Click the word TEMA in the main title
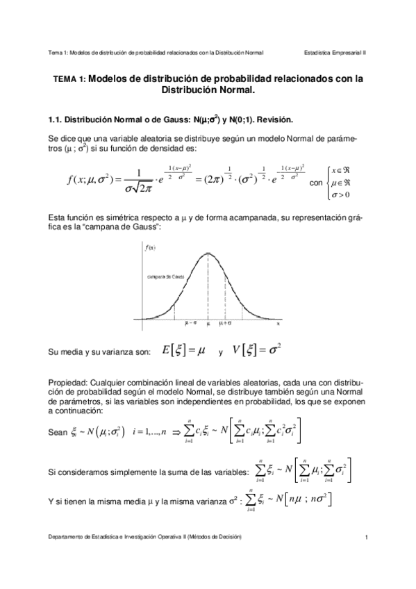[x=65, y=79]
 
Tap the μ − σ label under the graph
[x=190, y=323]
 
